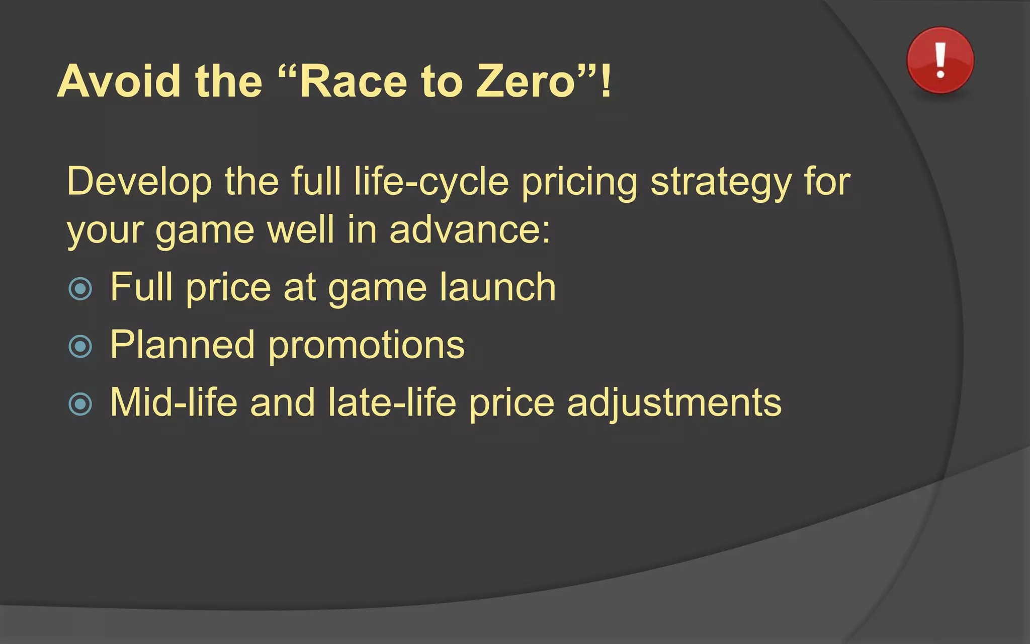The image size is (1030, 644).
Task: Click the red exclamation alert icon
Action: click(x=940, y=60)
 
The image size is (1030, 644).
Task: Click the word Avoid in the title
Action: click(x=119, y=81)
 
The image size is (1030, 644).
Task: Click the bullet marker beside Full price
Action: click(x=80, y=289)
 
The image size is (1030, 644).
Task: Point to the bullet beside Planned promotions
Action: click(x=80, y=346)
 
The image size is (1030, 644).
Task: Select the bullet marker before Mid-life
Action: click(x=80, y=404)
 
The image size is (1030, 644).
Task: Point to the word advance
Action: click(x=470, y=230)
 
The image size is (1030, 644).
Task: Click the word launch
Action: click(x=497, y=287)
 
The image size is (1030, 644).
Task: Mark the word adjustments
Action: click(x=674, y=403)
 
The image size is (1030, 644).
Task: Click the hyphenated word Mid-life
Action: click(x=174, y=403)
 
